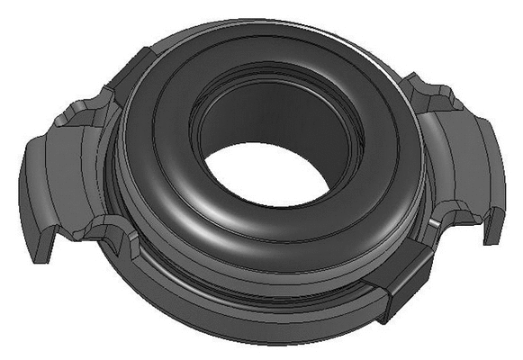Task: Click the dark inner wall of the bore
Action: (x=270, y=117)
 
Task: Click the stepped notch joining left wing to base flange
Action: (x=113, y=229)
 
